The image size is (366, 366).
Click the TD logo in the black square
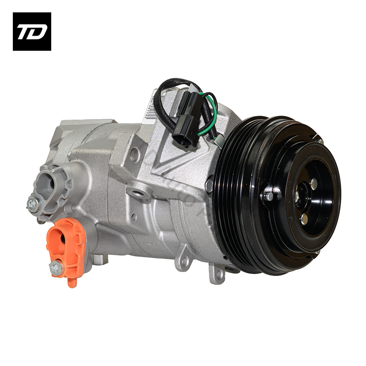click(32, 32)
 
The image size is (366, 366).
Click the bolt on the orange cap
click(56, 269)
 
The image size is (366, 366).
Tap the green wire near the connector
click(211, 114)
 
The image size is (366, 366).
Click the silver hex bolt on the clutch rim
click(268, 196)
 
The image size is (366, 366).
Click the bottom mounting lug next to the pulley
click(216, 274)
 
